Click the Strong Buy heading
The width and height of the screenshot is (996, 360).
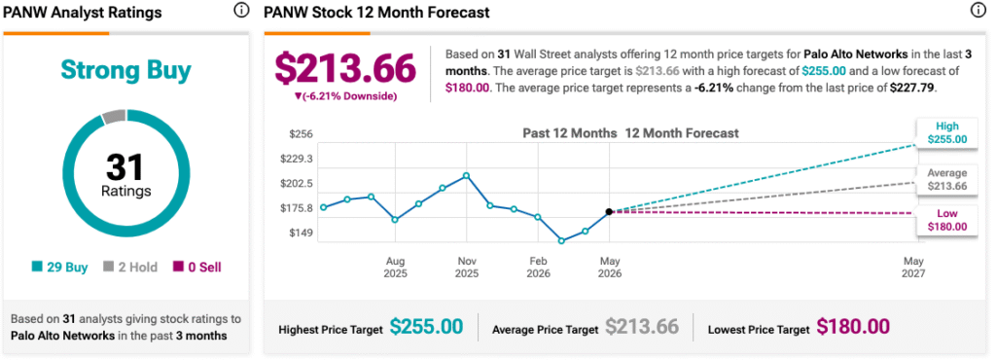(x=125, y=70)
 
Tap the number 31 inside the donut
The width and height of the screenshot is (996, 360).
(x=125, y=166)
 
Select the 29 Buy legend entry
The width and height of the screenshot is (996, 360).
(x=59, y=268)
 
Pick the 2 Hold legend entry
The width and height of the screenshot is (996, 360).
(x=129, y=268)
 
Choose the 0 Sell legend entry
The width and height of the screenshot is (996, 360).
(x=196, y=268)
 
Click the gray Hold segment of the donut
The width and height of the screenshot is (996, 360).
(x=115, y=116)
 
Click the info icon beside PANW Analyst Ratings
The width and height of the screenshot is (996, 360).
(x=241, y=10)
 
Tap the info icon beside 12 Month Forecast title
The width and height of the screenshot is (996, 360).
(x=978, y=10)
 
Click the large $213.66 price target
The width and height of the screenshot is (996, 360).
(x=345, y=68)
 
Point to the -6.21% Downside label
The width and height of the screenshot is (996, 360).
(x=345, y=96)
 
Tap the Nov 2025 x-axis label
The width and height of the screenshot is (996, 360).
(x=467, y=268)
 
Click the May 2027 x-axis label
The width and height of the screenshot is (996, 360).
(x=914, y=268)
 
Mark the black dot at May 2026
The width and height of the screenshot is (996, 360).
(x=609, y=211)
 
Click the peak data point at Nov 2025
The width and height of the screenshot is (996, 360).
(x=466, y=175)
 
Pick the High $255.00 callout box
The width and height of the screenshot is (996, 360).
(x=945, y=132)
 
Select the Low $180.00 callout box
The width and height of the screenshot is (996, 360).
(x=945, y=220)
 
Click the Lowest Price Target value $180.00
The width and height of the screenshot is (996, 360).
(x=853, y=326)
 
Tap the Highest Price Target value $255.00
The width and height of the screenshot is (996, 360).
(x=426, y=326)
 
